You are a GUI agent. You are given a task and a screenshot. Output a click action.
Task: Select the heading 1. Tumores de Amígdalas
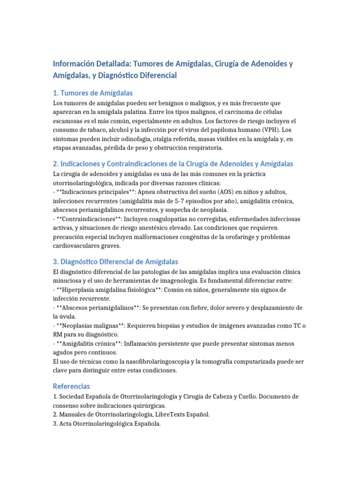(x=93, y=93)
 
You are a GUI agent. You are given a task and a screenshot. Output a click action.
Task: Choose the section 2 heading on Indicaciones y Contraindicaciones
(x=173, y=164)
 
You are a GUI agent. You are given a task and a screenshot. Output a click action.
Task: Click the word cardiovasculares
(x=76, y=246)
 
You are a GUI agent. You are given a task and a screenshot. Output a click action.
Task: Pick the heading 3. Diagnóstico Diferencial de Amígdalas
(x=115, y=262)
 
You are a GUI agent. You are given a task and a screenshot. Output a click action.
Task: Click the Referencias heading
(x=71, y=386)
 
